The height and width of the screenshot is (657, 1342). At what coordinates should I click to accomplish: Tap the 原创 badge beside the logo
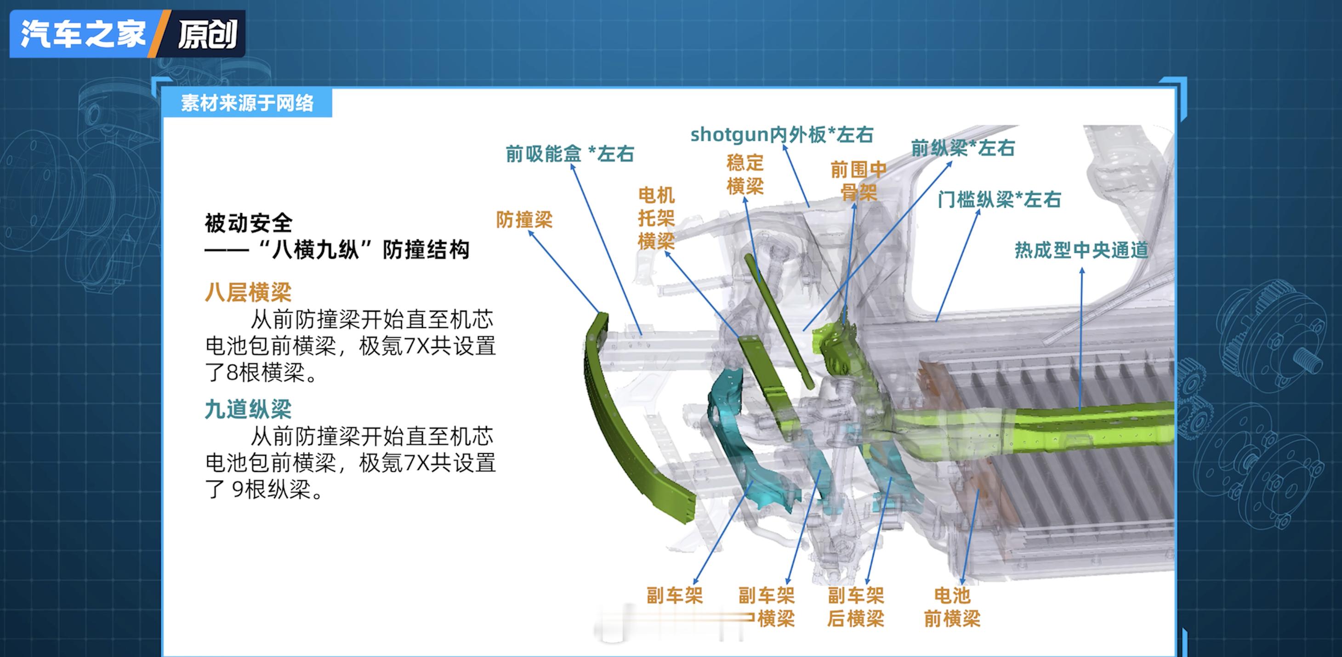(207, 34)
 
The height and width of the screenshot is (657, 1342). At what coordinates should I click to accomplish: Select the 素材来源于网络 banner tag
(247, 102)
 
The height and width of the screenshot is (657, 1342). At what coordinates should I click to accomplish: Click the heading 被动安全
(249, 223)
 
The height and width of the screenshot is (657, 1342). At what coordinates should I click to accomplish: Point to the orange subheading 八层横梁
(248, 292)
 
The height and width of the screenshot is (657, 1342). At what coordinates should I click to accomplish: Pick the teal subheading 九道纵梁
(248, 409)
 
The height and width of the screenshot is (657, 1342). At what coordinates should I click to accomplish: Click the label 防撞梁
(524, 220)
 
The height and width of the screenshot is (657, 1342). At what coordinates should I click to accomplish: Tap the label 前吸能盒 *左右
(570, 153)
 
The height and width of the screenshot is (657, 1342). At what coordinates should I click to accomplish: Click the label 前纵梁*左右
(963, 148)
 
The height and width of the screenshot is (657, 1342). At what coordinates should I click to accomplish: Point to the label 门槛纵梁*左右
(999, 199)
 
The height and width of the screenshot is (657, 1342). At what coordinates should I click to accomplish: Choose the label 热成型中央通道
(1081, 250)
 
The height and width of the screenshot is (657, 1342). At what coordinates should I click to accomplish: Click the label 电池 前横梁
(952, 607)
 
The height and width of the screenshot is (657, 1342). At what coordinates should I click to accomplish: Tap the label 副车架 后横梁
(856, 607)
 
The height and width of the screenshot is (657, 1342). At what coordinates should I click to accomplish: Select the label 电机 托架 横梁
(656, 218)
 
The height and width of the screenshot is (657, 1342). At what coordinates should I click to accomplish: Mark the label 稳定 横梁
(745, 175)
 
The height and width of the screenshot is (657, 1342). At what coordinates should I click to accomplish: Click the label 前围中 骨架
(859, 181)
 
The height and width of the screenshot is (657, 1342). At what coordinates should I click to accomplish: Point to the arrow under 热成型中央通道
(1081, 339)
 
